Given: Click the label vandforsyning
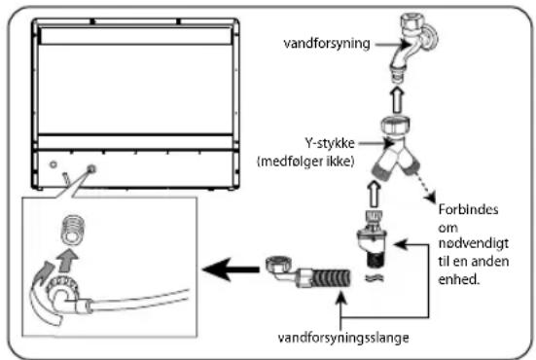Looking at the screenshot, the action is click(327, 44).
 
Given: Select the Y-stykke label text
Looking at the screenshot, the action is click(330, 143).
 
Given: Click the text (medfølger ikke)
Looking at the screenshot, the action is click(305, 161).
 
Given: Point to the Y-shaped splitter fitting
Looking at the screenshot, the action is click(397, 148).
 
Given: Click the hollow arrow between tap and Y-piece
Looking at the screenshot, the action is click(397, 100).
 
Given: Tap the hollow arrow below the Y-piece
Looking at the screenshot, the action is click(375, 194).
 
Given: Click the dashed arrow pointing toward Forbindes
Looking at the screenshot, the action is click(424, 188).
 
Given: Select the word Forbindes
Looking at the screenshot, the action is click(468, 209).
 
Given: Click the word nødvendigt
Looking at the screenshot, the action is click(474, 244).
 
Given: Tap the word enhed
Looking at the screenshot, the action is click(458, 279).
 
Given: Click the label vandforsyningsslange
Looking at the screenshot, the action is click(343, 338).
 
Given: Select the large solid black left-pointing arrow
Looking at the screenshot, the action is click(231, 270).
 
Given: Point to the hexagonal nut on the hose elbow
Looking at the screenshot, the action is click(279, 265).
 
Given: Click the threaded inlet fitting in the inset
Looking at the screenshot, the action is click(72, 230).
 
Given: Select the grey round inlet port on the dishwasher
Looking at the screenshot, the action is click(91, 168).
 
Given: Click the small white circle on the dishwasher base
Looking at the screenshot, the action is click(54, 164).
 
